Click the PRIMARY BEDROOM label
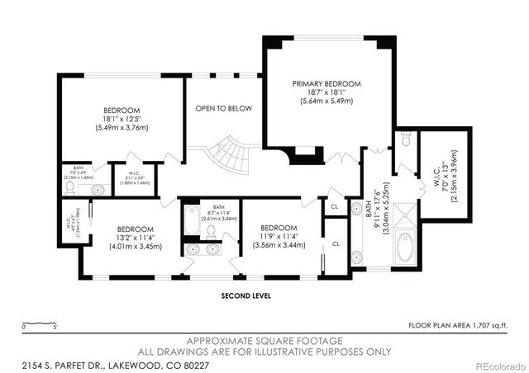[326, 83]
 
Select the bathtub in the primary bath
[405, 248]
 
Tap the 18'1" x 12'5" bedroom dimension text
[122, 120]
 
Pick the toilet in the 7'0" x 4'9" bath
[71, 189]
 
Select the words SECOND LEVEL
[247, 295]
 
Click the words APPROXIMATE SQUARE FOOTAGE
[264, 340]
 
